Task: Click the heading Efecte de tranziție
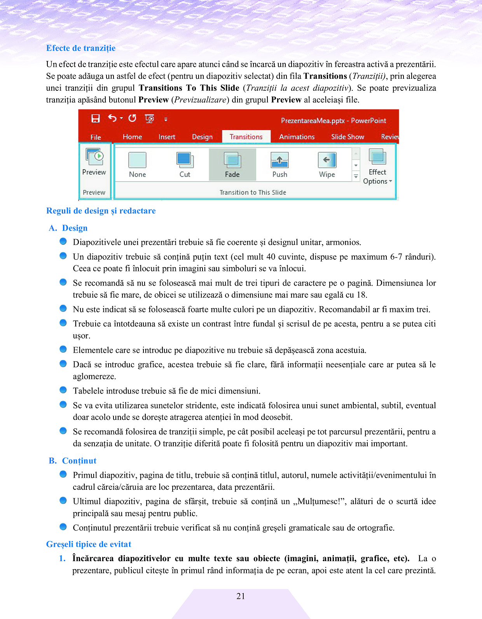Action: tap(81, 48)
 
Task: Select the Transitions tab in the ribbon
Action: tap(246, 137)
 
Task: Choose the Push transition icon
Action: tap(279, 160)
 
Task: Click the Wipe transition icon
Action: tap(327, 160)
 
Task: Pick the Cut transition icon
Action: tap(185, 160)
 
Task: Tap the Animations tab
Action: tap(297, 137)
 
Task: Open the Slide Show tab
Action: tap(348, 137)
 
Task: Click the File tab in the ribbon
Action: tap(96, 137)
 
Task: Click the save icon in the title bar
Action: tap(96, 119)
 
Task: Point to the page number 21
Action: tap(241, 596)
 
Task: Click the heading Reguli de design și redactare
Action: tap(101, 211)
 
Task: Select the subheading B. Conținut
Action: tap(73, 461)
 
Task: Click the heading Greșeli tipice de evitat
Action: tap(89, 544)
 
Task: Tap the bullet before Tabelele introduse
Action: tap(63, 390)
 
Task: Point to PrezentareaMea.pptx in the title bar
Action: tap(313, 121)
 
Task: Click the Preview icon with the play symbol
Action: tap(94, 157)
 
